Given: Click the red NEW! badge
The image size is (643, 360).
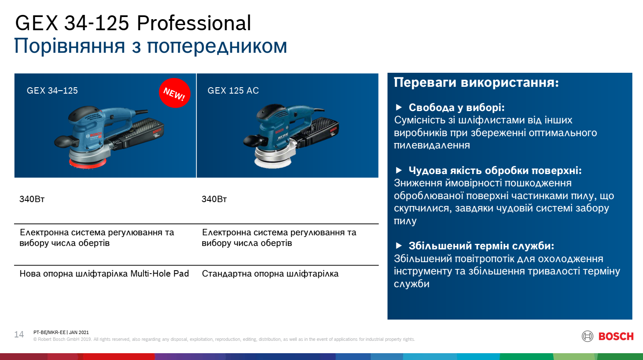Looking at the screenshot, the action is [x=175, y=93].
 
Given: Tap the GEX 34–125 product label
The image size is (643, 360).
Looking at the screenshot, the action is [x=52, y=91].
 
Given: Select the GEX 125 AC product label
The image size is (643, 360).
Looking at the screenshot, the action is [x=233, y=91].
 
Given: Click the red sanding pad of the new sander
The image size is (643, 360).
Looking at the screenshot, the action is [x=88, y=164].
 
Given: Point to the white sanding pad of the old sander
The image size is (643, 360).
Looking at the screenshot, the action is [x=273, y=163].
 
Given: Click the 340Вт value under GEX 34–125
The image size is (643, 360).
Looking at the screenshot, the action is [x=32, y=199].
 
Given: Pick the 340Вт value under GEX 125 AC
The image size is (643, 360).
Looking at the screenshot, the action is [x=214, y=199].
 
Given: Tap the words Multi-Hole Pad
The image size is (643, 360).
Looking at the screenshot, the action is [x=160, y=274].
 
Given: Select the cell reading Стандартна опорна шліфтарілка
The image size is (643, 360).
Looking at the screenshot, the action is [x=270, y=274].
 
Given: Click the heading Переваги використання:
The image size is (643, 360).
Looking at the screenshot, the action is [x=477, y=82].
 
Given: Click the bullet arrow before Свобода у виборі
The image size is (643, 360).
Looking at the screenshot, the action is [x=399, y=107].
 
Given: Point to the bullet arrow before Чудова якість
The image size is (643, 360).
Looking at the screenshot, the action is [x=399, y=170].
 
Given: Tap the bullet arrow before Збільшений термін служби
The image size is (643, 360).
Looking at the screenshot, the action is [x=399, y=246].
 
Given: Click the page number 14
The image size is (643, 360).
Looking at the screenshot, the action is [x=19, y=334].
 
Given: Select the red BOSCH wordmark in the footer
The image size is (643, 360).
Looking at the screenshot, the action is [x=616, y=336].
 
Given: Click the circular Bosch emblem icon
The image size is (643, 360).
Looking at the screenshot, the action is [x=588, y=336].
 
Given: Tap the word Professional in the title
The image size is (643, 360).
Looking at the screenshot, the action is [x=194, y=23].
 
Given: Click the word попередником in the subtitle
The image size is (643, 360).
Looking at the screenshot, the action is [x=217, y=46].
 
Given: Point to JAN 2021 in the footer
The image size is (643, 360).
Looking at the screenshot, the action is [x=79, y=332].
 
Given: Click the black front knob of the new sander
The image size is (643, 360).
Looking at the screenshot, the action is [x=64, y=141].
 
